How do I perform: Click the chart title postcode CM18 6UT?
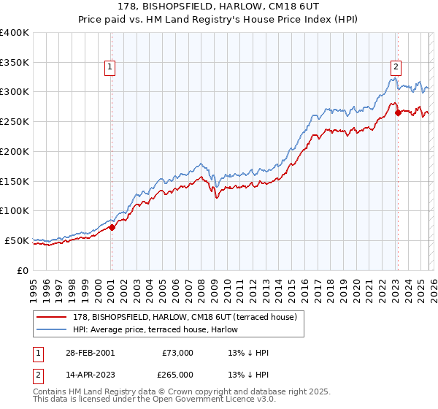point(285,7)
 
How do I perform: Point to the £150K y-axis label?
point(15,181)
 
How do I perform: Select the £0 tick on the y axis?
point(23,270)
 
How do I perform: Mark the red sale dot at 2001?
point(112,227)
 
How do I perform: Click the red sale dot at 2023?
point(398,113)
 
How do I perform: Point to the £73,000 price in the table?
point(177,353)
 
